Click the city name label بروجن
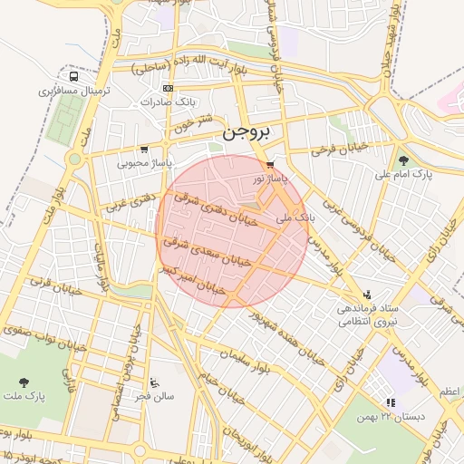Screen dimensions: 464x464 (246, 131)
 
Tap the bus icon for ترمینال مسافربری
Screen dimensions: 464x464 (72, 77)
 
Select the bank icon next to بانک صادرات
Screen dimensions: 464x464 (167, 88)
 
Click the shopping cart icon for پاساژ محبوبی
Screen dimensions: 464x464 (144, 150)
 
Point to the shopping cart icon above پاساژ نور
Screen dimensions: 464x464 (270, 164)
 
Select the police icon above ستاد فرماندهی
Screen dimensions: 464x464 (367, 294)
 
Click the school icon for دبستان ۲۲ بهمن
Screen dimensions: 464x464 (391, 401)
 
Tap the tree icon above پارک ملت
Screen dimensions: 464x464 (24, 382)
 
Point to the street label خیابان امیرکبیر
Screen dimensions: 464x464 (191, 280)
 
